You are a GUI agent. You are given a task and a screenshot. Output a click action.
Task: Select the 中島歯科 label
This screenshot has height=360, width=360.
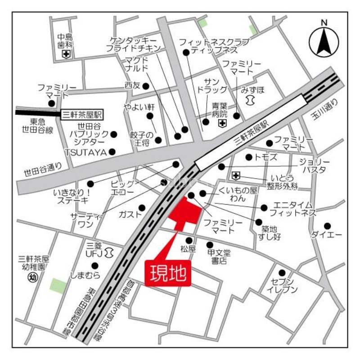click(x=65, y=41)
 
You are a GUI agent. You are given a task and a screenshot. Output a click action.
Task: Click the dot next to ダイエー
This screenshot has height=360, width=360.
click(x=328, y=226)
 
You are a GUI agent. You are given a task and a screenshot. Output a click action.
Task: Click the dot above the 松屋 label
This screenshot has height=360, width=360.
click(x=189, y=240)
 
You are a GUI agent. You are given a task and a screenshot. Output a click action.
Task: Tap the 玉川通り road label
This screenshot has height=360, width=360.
click(x=325, y=115)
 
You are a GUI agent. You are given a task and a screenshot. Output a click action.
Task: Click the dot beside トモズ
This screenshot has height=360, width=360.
click(x=248, y=157)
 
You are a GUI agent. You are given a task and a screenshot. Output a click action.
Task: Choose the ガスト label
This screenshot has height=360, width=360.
click(x=127, y=214)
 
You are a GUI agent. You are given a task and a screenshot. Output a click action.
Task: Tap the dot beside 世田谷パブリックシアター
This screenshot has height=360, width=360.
click(x=114, y=134)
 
